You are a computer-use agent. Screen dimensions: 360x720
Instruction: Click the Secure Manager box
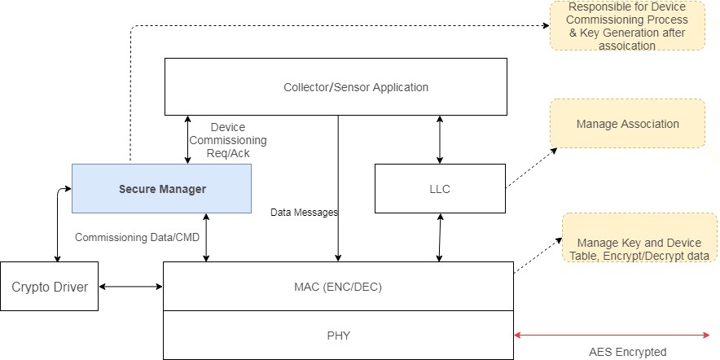click(161, 189)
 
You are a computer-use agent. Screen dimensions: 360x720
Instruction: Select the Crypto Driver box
click(50, 287)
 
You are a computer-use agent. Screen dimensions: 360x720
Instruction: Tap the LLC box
click(440, 189)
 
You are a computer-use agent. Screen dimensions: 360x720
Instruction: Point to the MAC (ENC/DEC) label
click(339, 286)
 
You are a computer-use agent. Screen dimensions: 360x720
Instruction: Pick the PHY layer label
click(339, 335)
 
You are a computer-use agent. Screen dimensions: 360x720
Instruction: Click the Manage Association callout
click(627, 124)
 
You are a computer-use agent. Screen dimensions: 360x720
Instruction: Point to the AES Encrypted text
click(627, 352)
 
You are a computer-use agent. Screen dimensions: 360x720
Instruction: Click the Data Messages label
click(305, 212)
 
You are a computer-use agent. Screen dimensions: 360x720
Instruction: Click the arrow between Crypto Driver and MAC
click(130, 286)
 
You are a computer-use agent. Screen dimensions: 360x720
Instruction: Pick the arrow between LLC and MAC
click(440, 238)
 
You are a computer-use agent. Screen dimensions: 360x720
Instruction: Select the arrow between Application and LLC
click(440, 139)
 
